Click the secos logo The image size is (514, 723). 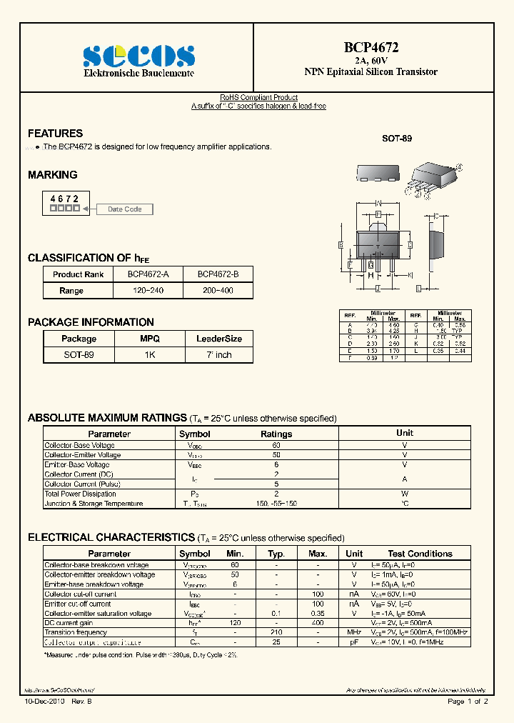[138, 55]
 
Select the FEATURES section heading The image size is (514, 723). [55, 134]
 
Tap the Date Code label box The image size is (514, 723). [124, 209]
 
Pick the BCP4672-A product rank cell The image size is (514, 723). [148, 274]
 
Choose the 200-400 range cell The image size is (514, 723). [218, 291]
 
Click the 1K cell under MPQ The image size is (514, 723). [149, 354]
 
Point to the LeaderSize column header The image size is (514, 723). [218, 339]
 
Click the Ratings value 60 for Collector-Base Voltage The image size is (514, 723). [276, 445]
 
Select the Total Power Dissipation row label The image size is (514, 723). [80, 494]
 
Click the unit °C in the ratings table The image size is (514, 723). [405, 504]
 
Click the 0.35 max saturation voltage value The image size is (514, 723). [318, 613]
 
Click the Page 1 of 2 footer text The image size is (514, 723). [468, 702]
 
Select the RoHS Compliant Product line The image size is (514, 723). [258, 97]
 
